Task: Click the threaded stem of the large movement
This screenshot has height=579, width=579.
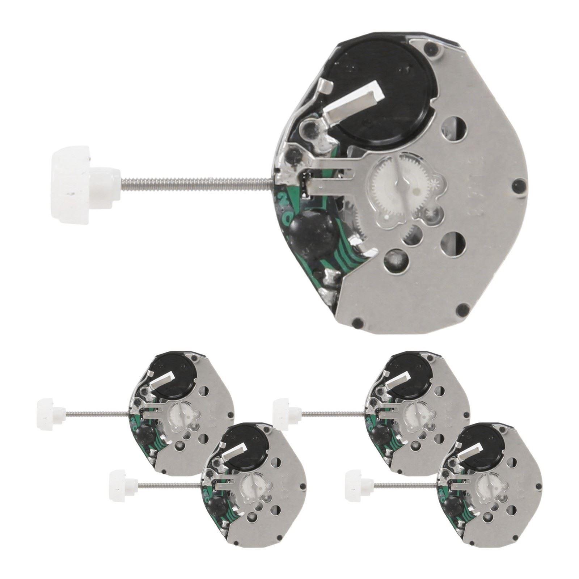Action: [195, 176]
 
